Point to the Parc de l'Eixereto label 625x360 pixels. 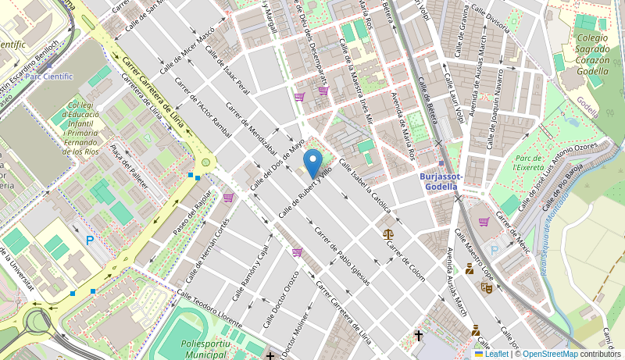[530, 162]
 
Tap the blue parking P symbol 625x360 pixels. [90, 241]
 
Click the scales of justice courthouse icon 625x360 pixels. [388, 233]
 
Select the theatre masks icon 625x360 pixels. [486, 287]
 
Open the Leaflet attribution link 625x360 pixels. [491, 354]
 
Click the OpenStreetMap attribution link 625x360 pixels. [551, 354]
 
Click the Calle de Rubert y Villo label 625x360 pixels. [305, 191]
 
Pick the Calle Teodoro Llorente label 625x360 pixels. [209, 307]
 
